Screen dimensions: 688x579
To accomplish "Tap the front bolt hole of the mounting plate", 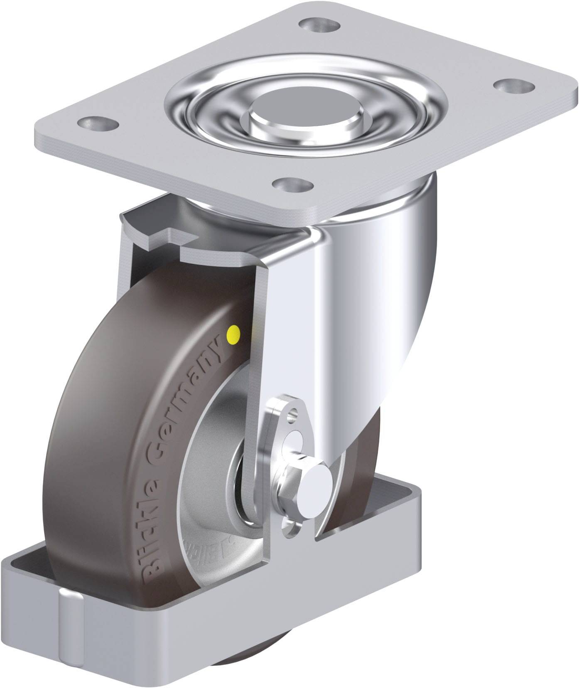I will pyautogui.click(x=293, y=183).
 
